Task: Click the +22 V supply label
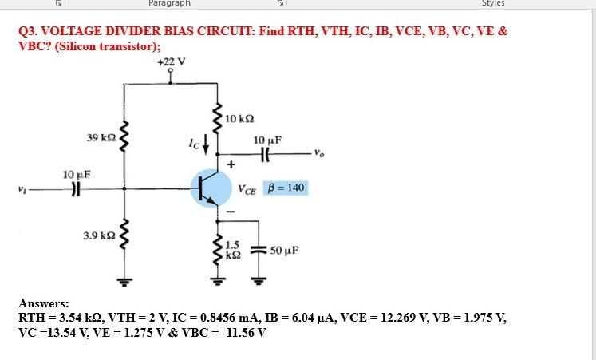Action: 171,61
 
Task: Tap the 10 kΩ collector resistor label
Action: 239,119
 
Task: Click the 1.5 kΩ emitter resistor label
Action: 232,249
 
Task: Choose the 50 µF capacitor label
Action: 285,250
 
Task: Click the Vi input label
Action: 12,189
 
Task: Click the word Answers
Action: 43,304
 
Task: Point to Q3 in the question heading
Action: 27,32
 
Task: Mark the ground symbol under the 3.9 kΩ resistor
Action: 124,281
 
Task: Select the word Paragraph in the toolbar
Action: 170,3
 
